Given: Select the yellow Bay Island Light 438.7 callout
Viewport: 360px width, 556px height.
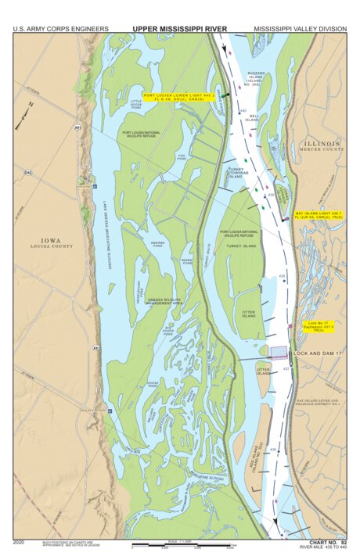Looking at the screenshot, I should pyautogui.click(x=318, y=213).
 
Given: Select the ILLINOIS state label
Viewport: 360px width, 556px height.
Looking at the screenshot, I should pyautogui.click(x=322, y=145).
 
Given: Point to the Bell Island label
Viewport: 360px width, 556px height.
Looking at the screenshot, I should pyautogui.click(x=254, y=117).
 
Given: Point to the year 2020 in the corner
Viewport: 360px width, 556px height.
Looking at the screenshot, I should pyautogui.click(x=20, y=541).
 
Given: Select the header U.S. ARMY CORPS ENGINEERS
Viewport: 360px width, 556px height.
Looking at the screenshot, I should pyautogui.click(x=60, y=29).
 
